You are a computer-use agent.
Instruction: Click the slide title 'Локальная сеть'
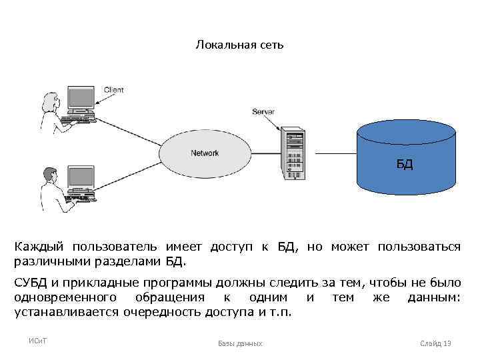[239, 45]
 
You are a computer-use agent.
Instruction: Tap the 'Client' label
[113, 90]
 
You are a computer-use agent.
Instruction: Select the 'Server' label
[263, 111]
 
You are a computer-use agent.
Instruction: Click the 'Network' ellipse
[205, 153]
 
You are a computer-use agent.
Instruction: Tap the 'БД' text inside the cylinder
[405, 164]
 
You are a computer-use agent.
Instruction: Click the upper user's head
[49, 100]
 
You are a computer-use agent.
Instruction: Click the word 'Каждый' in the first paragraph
[41, 247]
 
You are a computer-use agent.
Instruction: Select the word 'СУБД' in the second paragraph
[33, 283]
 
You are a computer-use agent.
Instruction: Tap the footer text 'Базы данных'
[240, 343]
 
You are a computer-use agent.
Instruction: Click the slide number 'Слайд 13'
[435, 343]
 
